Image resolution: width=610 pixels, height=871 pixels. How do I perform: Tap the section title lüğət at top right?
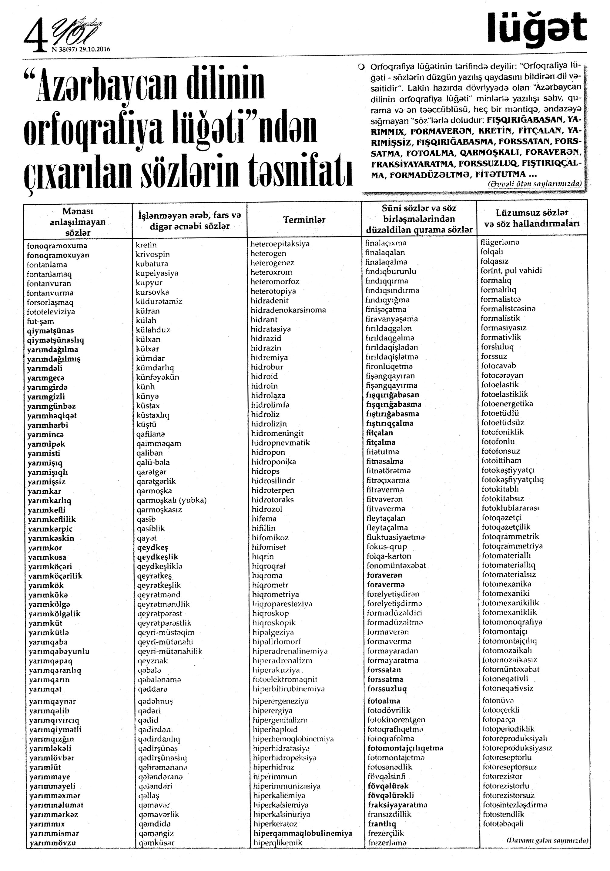537,28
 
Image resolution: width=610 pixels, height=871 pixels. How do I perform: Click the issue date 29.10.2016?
95,49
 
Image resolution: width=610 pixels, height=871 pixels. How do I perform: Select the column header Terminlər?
304,219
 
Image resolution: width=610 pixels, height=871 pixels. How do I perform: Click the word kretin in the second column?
146,245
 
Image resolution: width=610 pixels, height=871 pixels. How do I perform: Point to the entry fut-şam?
40,321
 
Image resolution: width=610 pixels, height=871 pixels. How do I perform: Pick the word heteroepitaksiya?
280,244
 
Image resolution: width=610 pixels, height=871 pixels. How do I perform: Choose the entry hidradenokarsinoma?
288,310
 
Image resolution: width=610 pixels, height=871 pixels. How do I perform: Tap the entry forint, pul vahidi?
511,270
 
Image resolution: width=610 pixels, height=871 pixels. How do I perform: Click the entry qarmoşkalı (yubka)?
172,500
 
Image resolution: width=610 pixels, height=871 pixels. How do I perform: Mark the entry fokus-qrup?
387,547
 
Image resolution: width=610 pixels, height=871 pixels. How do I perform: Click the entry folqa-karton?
389,556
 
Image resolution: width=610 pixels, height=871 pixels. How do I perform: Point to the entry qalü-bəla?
153,462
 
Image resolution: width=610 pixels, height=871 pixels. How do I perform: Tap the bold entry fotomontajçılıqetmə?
405,748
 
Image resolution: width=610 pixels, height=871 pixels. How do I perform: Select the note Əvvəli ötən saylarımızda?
535,184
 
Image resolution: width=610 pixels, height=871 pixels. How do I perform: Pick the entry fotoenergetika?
507,404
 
